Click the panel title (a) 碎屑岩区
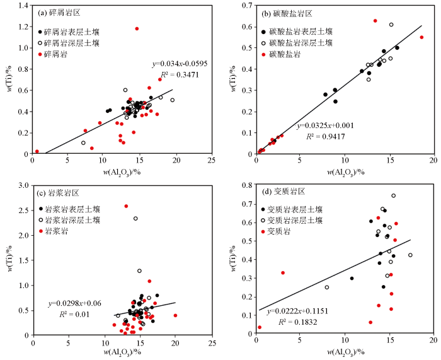click(62, 13)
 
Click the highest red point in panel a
click(137, 28)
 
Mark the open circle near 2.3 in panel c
click(135, 219)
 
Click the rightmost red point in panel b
click(421, 37)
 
